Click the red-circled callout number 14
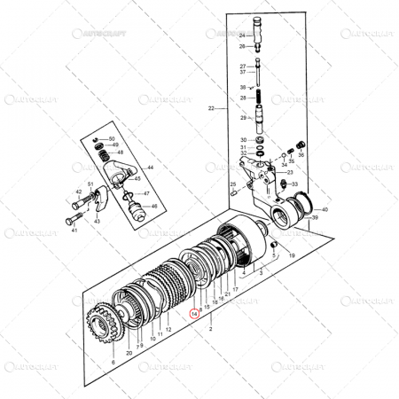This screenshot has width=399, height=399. [195, 313]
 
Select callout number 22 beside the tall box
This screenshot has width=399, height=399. [211, 108]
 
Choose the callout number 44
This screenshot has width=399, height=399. [150, 168]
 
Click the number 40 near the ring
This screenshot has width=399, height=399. [325, 210]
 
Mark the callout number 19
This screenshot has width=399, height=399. [291, 255]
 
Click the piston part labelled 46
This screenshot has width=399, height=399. [138, 211]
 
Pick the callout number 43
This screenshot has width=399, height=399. [97, 221]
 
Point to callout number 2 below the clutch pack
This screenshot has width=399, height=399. [210, 329]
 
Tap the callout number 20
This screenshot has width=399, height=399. [129, 353]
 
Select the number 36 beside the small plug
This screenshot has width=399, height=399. [301, 154]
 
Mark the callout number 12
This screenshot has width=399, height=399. [168, 330]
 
